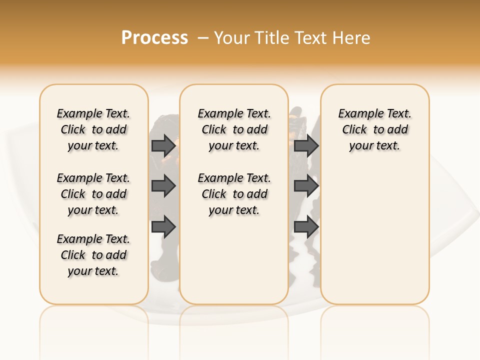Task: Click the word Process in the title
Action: coord(154,37)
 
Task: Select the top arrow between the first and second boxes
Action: coord(163,145)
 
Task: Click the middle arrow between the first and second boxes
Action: coord(163,186)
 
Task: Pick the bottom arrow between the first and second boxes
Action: coord(163,227)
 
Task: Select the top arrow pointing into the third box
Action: coord(306,145)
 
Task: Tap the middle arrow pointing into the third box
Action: coord(306,186)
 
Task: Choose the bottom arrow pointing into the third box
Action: coord(306,227)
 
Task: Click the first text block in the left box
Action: coord(93,129)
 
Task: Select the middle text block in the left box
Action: coord(93,194)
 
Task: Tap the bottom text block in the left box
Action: coord(93,255)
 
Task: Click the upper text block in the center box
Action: coord(234,129)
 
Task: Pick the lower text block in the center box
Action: coord(234,194)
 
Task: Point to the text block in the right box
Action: coord(375,129)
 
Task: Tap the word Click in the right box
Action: coord(354,130)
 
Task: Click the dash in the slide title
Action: coord(203,38)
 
